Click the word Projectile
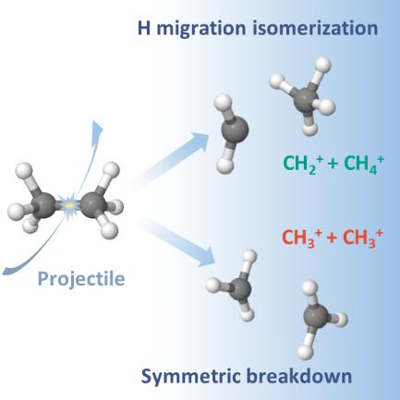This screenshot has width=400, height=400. click(x=81, y=280)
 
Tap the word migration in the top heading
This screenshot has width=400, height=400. click(x=201, y=29)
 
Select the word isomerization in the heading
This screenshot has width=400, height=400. click(x=315, y=28)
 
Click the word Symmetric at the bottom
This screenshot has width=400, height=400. click(x=190, y=376)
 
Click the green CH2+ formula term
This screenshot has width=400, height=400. click(x=303, y=164)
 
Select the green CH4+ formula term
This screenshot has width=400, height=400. click(x=364, y=164)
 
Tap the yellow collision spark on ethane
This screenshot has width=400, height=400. click(x=69, y=204)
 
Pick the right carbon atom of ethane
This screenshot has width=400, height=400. click(x=93, y=204)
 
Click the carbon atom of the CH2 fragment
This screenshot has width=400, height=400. click(x=235, y=129)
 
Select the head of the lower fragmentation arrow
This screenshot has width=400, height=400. click(x=207, y=256)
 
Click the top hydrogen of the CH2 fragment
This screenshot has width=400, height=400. click(x=223, y=103)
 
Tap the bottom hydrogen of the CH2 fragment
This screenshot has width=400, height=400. click(x=225, y=164)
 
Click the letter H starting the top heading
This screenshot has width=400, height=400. click(x=144, y=28)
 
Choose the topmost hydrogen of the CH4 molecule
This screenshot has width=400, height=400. click(x=323, y=66)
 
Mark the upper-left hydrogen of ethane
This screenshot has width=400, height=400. click(x=24, y=171)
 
